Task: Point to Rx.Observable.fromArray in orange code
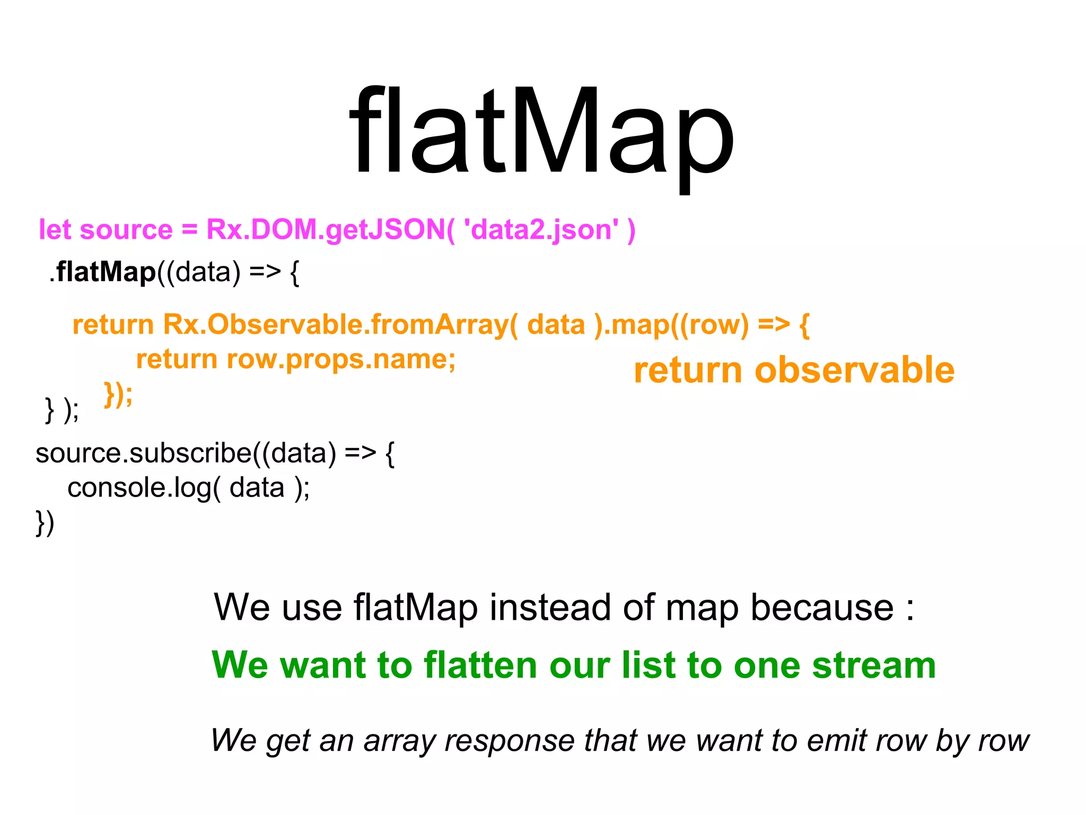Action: [x=336, y=324]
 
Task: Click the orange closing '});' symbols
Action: [x=118, y=394]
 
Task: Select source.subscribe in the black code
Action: [x=143, y=453]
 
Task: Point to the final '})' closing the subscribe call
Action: [x=45, y=523]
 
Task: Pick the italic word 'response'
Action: [x=509, y=741]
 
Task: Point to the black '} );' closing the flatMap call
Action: [x=62, y=410]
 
